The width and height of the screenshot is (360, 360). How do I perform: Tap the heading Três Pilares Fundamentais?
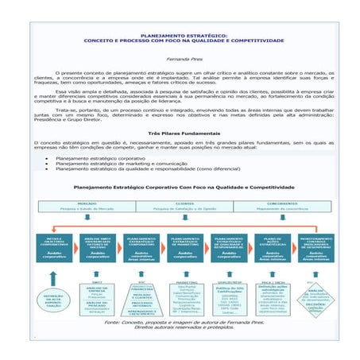pos(180,133)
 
